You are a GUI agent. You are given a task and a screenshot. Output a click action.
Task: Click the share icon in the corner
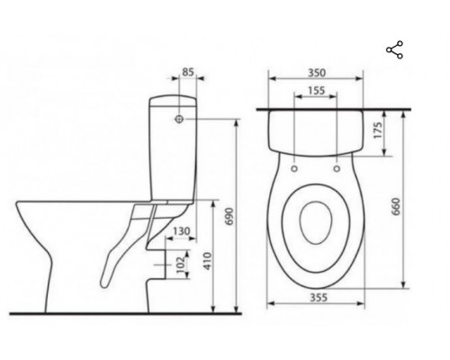(x=394, y=49)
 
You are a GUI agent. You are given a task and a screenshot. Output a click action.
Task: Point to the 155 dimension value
(x=315, y=91)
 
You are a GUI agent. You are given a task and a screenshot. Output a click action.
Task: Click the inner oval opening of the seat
(x=315, y=220)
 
